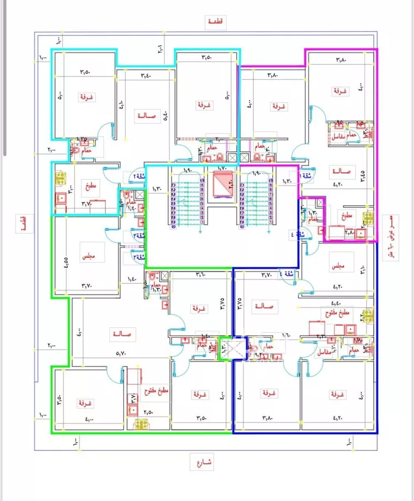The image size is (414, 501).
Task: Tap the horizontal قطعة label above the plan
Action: coord(215,21)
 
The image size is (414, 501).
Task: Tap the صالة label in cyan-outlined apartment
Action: coord(148,116)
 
